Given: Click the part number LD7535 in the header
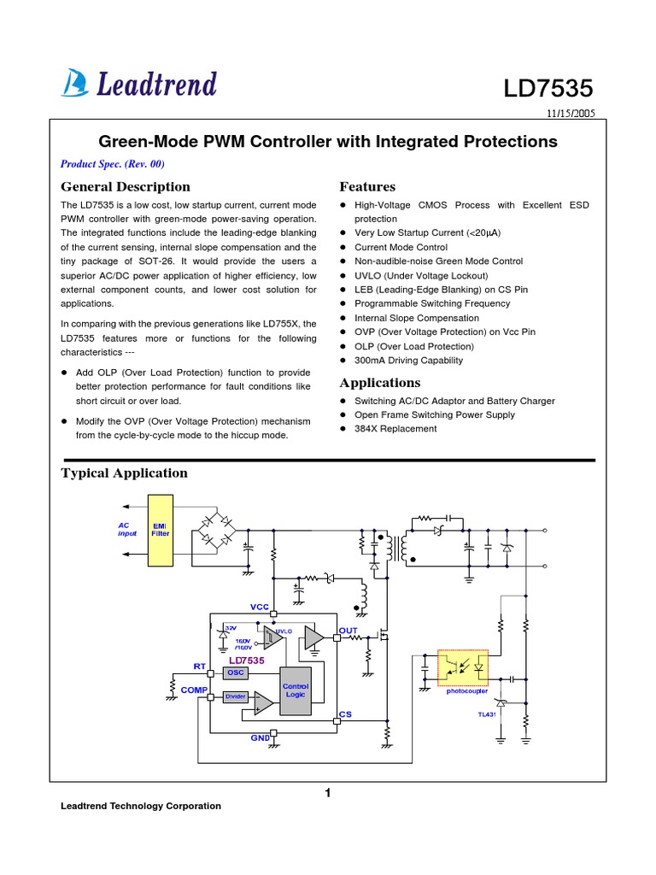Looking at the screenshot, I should tap(548, 88).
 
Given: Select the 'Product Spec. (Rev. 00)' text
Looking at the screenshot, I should tap(112, 163).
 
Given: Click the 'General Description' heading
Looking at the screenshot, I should tap(126, 186).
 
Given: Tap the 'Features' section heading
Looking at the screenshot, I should tap(367, 186).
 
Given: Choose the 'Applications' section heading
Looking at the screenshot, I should tap(380, 382).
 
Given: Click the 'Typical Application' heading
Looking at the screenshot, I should tap(124, 473).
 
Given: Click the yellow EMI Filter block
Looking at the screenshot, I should tap(161, 530).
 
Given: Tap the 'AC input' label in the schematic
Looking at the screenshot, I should tap(127, 529).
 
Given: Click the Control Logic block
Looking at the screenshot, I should tap(296, 690).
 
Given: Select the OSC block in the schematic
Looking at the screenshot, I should tap(235, 672).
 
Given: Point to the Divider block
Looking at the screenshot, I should tap(235, 696).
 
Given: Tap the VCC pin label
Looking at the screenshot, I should tap(260, 606).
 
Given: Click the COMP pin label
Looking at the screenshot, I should tap(195, 689).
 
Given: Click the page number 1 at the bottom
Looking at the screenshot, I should tap(327, 793).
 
